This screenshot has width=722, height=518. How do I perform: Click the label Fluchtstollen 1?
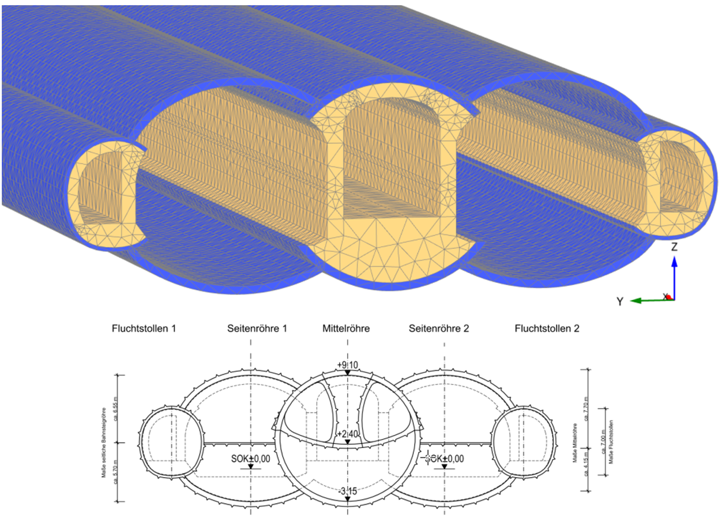143,329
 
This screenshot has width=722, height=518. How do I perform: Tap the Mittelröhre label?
346,329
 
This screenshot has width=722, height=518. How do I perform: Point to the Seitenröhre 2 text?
439,329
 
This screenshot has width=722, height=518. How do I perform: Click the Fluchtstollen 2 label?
547,329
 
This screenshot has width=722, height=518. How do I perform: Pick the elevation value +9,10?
348,365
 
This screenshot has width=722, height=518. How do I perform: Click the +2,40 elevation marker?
347,434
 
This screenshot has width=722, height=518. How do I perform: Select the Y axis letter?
619,301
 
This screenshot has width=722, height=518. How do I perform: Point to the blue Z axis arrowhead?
674,260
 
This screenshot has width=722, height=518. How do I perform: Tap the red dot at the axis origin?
668,297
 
